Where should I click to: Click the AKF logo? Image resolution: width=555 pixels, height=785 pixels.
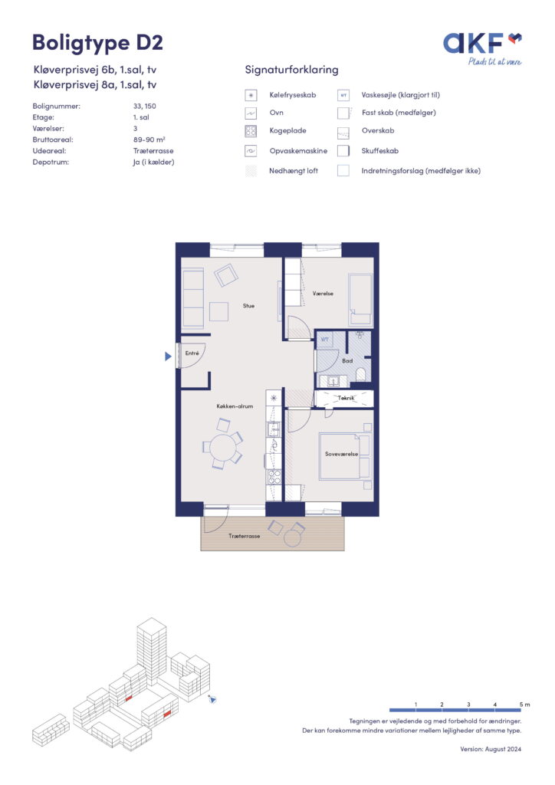tap(482, 48)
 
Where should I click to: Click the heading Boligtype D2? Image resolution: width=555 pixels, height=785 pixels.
tap(97, 43)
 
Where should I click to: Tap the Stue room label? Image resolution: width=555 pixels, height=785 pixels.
tap(248, 305)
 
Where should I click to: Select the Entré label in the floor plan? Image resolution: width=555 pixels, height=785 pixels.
tap(192, 353)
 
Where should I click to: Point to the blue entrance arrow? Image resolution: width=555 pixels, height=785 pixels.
tap(168, 356)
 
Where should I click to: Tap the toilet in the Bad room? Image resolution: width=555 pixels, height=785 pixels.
tap(360, 373)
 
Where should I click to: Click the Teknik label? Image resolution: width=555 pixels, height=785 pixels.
tap(346, 398)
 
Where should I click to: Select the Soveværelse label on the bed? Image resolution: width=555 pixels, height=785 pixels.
tap(341, 454)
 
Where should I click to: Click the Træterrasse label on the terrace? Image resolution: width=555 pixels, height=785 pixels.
tap(245, 536)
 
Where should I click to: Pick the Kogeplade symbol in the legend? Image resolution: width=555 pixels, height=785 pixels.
tap(251, 131)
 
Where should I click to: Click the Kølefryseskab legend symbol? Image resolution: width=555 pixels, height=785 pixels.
tap(251, 95)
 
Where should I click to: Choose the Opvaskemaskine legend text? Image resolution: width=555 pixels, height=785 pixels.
tap(298, 151)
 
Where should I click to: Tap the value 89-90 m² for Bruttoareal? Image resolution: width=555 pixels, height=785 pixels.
tap(149, 140)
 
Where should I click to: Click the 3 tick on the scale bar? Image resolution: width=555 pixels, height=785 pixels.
tap(468, 705)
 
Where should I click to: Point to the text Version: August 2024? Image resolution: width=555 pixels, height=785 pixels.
tap(491, 749)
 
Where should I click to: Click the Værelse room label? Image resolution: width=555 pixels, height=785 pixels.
tap(323, 294)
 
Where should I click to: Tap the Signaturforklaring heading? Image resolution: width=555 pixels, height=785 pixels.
tap(291, 70)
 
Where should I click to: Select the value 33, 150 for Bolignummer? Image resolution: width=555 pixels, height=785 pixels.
tap(145, 106)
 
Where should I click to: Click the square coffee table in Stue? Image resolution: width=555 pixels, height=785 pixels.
tap(218, 311)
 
